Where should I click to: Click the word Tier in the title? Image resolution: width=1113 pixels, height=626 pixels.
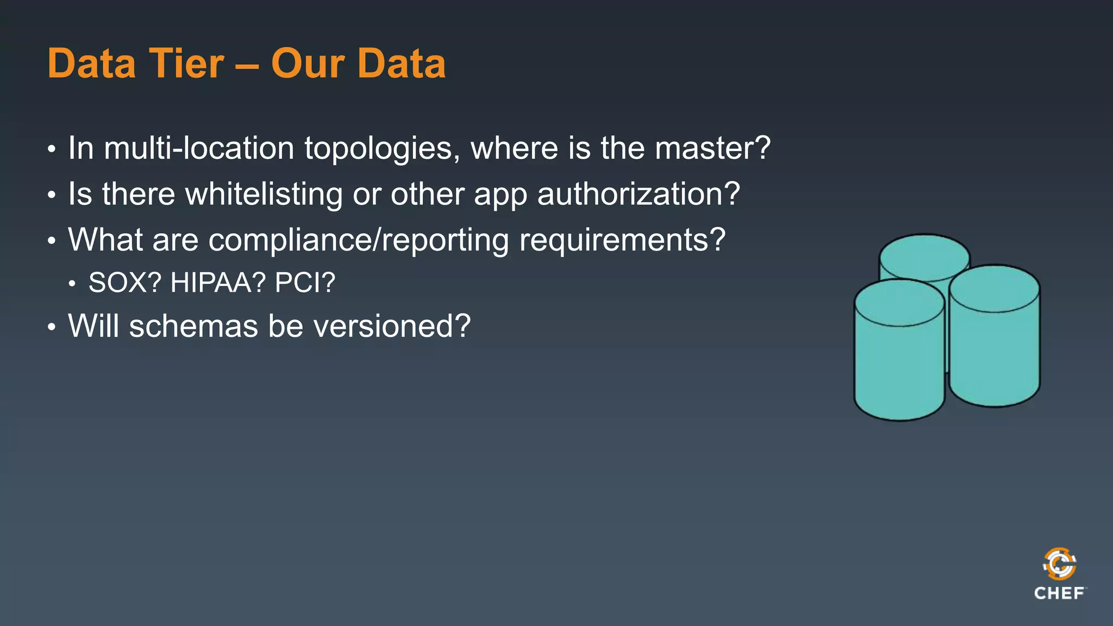tap(186, 64)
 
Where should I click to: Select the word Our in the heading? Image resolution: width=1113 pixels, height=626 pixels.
tap(308, 64)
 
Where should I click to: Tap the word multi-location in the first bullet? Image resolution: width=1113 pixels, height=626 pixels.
tap(199, 148)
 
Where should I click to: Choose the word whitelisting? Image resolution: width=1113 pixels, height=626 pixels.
tap(264, 194)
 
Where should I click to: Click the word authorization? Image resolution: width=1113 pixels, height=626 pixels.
tap(639, 194)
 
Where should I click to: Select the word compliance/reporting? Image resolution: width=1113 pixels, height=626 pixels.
tap(359, 240)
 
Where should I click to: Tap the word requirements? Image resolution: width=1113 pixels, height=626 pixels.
tap(622, 240)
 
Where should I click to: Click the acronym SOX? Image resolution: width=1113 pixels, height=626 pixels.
tap(125, 283)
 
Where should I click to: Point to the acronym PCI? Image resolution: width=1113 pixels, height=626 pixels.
tap(305, 283)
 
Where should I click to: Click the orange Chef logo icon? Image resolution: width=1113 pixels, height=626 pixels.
tap(1059, 564)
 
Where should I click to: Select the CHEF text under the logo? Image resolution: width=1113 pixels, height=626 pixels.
tap(1059, 593)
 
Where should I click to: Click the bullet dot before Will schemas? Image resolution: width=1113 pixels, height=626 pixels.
tap(52, 327)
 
